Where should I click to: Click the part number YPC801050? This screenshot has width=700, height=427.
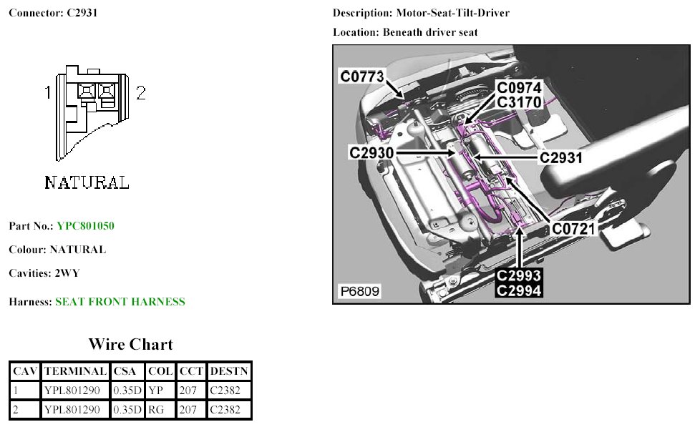click(x=85, y=226)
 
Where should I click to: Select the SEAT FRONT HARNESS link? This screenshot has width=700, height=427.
click(x=120, y=302)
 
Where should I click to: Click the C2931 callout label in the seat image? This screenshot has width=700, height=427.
click(x=560, y=157)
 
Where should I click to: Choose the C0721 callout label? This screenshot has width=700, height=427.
click(x=574, y=229)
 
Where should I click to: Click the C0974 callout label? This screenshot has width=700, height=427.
click(x=520, y=88)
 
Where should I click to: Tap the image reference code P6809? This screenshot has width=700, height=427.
click(x=359, y=291)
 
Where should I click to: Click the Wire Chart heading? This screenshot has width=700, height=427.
click(x=130, y=344)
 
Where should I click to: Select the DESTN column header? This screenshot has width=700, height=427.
click(x=229, y=371)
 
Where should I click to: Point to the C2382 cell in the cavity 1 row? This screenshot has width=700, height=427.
click(x=229, y=391)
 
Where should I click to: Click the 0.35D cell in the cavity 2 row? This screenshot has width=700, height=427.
click(x=127, y=410)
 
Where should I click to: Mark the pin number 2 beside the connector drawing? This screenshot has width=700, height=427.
click(x=141, y=93)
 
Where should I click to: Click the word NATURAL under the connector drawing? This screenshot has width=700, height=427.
click(x=87, y=183)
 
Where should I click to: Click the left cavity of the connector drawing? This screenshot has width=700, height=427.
click(x=86, y=91)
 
